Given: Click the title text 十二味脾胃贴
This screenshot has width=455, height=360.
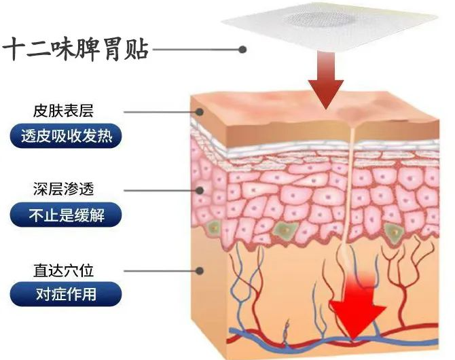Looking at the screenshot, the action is coord(76,50).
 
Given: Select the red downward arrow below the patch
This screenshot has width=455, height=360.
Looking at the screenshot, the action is coord(325,82).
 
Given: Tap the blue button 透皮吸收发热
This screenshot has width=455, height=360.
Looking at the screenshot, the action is coord(66,137).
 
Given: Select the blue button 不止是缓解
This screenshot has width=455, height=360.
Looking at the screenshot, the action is coord(66,216).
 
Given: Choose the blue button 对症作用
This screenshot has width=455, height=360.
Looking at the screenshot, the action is coord(66,296).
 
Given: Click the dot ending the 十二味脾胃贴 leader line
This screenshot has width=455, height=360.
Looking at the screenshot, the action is coord(242,49).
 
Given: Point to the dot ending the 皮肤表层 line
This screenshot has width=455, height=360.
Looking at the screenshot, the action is coord(200,111).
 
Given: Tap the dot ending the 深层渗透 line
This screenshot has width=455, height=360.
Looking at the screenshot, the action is coord(200,191).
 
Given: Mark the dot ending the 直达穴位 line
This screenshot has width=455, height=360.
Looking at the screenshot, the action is coord(200,270).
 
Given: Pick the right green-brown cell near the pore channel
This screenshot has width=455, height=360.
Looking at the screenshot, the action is coord(393,232).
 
